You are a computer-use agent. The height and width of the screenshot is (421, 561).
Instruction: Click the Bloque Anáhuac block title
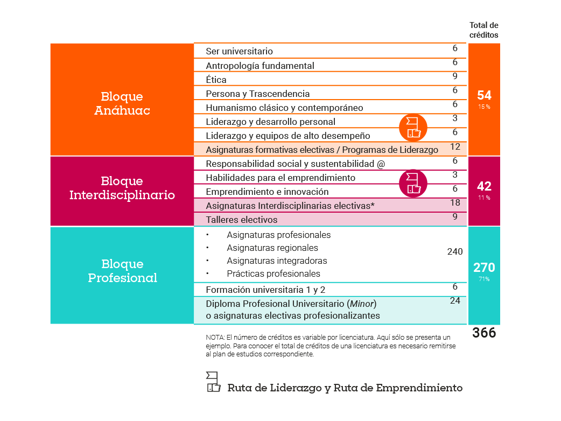coord(122,103)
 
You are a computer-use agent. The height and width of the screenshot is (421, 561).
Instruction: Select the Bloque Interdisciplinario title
coord(122,187)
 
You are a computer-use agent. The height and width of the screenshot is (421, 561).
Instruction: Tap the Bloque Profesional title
coord(122,271)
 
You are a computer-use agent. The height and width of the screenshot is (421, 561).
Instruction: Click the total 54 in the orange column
coord(484,95)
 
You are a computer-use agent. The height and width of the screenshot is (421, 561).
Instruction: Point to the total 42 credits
coord(484,186)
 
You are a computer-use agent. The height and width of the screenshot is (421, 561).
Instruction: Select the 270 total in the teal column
coord(484,268)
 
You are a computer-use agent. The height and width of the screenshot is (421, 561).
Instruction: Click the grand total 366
coord(484,333)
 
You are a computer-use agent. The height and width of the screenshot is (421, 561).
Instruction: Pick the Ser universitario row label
coord(239,52)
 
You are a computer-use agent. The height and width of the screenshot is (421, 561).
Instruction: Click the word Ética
coord(216,80)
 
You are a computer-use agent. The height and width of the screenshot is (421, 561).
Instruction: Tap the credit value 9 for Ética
coord(455,76)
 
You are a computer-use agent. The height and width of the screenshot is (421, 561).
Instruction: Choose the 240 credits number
coord(455,251)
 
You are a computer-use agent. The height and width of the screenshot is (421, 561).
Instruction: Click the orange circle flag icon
coord(413,128)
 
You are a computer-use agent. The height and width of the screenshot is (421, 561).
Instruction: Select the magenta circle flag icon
coord(413,183)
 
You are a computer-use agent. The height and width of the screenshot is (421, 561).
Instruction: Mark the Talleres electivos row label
coord(242,220)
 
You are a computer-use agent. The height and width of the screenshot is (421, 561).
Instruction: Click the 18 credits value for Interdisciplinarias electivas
coord(455,203)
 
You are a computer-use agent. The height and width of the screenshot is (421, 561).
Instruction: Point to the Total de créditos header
coord(483,30)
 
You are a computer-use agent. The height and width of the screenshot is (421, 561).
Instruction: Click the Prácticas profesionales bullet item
coord(274,273)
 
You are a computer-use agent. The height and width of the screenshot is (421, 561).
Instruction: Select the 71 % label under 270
coord(484,279)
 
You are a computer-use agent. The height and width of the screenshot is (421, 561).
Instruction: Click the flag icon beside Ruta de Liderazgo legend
coord(213,382)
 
